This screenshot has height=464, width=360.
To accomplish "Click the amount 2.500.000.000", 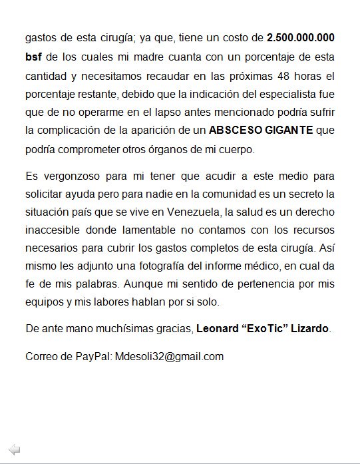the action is click(x=301, y=37).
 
